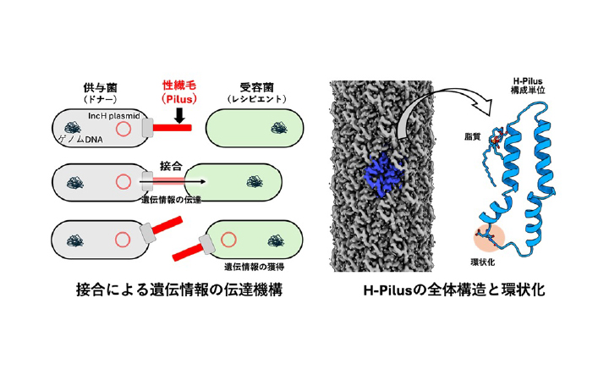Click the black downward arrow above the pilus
click(x=179, y=113)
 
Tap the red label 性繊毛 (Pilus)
click(x=178, y=91)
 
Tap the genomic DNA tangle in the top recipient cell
click(x=277, y=129)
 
